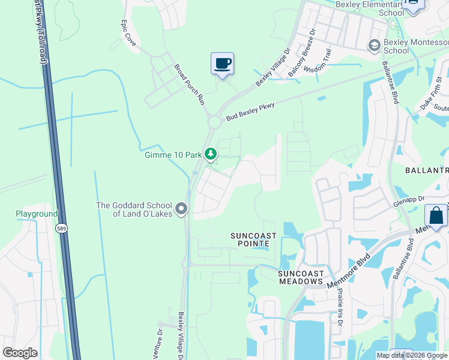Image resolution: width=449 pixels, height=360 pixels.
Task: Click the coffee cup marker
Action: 222,63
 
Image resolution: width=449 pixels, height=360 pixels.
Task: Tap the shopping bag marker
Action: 436,215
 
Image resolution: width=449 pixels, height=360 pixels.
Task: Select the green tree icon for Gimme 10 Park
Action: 211,154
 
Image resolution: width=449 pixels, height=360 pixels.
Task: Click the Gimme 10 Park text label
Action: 173,155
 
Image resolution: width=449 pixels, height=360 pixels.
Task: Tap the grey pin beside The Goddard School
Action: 182,209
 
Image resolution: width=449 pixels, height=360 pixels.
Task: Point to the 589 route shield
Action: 62,228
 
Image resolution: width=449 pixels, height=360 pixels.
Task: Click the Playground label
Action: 36,214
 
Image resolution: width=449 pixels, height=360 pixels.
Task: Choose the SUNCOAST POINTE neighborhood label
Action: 253,240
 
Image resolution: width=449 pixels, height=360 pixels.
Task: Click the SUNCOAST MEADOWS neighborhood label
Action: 300,277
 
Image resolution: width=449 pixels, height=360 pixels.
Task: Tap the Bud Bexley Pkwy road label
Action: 250,112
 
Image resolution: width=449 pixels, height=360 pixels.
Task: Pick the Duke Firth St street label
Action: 431,96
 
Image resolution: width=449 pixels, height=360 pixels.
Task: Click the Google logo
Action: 20,353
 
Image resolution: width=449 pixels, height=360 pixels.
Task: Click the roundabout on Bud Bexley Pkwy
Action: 214,122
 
